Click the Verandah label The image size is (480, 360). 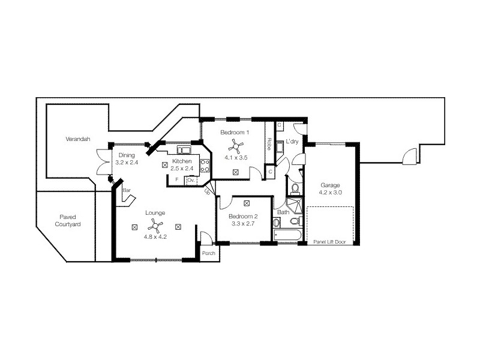click(x=78, y=139)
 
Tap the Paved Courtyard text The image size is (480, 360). click(x=68, y=221)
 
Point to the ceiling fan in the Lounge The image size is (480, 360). click(x=155, y=226)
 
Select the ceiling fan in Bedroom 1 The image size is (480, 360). click(x=236, y=145)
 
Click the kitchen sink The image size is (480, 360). click(x=184, y=149)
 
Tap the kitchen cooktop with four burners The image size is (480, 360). click(x=205, y=166)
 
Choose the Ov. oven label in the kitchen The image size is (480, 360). click(x=191, y=181)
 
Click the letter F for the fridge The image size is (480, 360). click(x=176, y=179)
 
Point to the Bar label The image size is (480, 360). click(x=127, y=190)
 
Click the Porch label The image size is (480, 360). click(x=208, y=253)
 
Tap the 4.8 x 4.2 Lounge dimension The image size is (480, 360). click(x=155, y=236)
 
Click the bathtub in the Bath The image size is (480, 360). click(x=287, y=235)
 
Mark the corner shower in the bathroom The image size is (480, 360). click(x=294, y=206)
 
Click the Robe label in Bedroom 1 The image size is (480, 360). click(x=269, y=144)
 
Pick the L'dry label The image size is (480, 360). click(x=292, y=142)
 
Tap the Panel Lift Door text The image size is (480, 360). click(x=329, y=242)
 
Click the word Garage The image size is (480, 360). click(x=330, y=185)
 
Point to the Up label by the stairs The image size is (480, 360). click(x=207, y=192)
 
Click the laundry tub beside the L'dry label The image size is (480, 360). click(x=280, y=147)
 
